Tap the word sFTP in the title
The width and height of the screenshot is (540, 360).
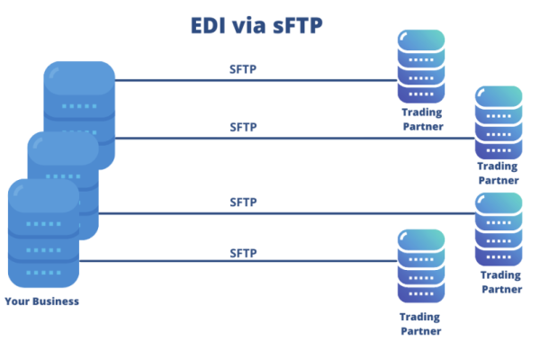tap(294, 25)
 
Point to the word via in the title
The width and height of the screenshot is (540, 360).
tap(248, 25)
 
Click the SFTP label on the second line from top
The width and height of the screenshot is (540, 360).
tap(243, 127)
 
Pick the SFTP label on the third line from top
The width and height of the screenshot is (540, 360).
tap(243, 202)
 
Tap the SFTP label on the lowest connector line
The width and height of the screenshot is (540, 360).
tap(243, 253)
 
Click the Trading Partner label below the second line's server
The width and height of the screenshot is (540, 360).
tap(499, 173)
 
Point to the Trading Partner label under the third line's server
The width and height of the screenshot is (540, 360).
tap(500, 282)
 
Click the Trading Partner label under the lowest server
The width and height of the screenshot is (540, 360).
tap(420, 323)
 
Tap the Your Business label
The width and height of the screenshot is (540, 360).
tap(42, 301)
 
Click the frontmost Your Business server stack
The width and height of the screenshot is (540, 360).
tap(43, 234)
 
